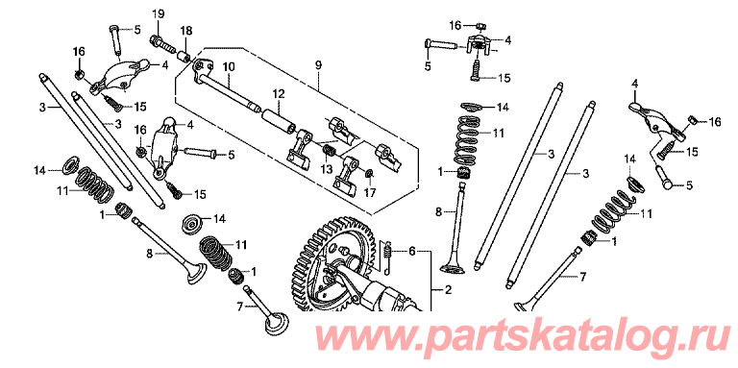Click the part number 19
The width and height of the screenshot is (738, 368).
pos(158,14)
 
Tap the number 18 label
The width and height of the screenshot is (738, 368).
pos(185,31)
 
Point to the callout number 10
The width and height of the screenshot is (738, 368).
pos(229,67)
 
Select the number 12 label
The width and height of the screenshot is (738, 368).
pos(279,94)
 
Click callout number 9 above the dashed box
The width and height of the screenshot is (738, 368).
pos(319,65)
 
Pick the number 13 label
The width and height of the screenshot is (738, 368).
pos(327,168)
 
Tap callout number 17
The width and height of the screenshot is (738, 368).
pos(370,193)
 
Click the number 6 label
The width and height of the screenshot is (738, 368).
pos(412,252)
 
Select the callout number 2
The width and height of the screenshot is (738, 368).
pos(448,290)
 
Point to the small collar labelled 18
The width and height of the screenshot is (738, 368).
pos(184,56)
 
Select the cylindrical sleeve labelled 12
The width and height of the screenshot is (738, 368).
pos(279,122)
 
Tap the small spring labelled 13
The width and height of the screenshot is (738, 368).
pos(329,152)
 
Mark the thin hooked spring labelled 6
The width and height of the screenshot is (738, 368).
pos(388,258)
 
